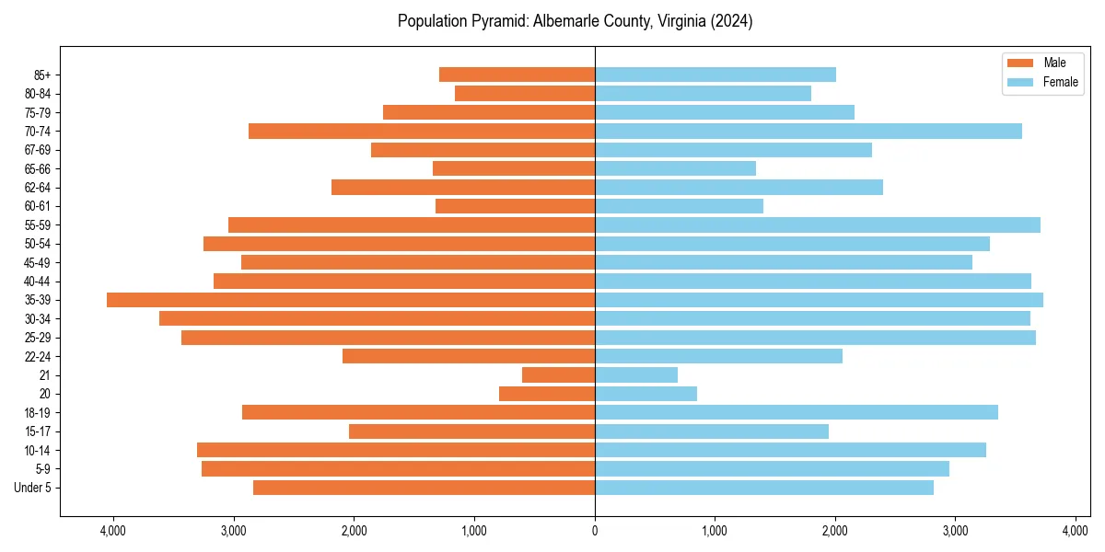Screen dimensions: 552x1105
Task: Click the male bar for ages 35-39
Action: pyautogui.click(x=351, y=300)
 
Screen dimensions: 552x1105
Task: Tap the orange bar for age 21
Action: pyautogui.click(x=559, y=375)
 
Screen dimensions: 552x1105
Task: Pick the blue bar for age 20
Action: pyautogui.click(x=646, y=394)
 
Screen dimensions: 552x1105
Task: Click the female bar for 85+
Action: pyautogui.click(x=715, y=75)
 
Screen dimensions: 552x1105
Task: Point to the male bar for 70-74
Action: pyautogui.click(x=422, y=132)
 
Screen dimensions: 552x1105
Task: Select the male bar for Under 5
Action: pyautogui.click(x=424, y=488)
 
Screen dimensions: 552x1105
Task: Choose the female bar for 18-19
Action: pyautogui.click(x=797, y=412)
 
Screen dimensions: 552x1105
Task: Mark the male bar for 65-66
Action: pyautogui.click(x=514, y=168)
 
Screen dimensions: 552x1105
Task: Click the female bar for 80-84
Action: pyautogui.click(x=703, y=94)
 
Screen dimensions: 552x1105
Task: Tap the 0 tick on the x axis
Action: pyautogui.click(x=595, y=530)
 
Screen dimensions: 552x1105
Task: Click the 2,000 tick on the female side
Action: pyautogui.click(x=835, y=530)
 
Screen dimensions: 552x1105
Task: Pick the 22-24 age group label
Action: pyautogui.click(x=38, y=356)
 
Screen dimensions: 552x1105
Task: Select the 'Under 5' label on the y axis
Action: pyautogui.click(x=33, y=488)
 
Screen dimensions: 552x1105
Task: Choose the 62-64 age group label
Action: pyautogui.click(x=38, y=188)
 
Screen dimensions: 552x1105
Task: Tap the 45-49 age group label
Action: pyautogui.click(x=38, y=262)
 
